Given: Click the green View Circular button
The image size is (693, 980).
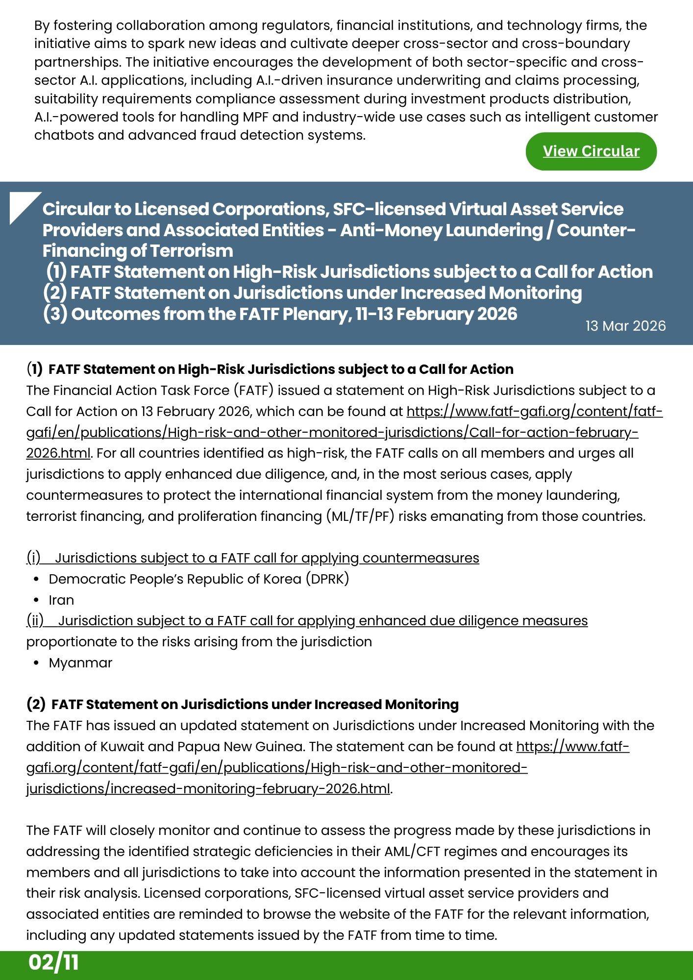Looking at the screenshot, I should (591, 151).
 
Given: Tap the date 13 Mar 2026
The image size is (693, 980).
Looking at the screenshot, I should (625, 326).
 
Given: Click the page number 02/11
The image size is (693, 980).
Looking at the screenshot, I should (53, 962).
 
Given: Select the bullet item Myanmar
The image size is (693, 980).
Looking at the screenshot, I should (80, 663).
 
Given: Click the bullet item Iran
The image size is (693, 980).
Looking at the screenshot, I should (61, 600).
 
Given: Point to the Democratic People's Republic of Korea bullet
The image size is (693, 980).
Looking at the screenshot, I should (198, 579).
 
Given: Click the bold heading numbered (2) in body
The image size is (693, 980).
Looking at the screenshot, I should (243, 705).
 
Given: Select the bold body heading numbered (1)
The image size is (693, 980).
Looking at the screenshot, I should (270, 369).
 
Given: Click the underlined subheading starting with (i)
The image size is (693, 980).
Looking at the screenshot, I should (252, 558).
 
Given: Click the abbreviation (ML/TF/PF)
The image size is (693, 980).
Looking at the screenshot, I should (360, 516).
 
